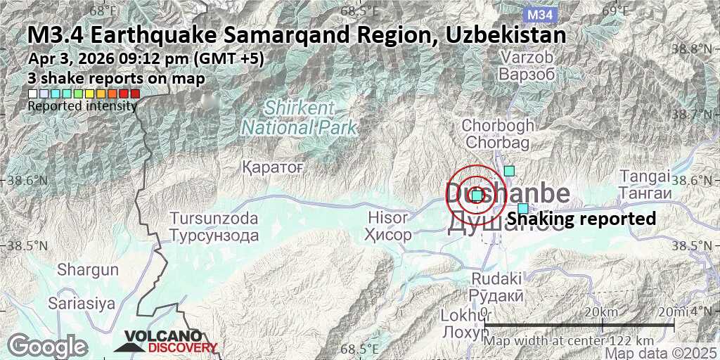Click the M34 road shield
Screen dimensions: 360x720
(x=540, y=14)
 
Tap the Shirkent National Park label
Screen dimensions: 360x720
(x=299, y=118)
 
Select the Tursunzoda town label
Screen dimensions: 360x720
(x=214, y=226)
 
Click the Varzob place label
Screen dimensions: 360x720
(x=527, y=65)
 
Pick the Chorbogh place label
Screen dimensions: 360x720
(x=498, y=134)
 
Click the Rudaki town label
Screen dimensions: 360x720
(x=496, y=287)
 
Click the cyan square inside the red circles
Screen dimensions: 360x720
(x=477, y=195)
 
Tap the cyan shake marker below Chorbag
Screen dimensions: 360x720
(x=510, y=170)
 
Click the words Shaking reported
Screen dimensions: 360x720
(x=581, y=219)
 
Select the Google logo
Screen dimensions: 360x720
(x=46, y=346)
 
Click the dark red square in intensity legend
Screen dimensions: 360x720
(x=135, y=93)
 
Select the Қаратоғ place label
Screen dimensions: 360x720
(x=271, y=167)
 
